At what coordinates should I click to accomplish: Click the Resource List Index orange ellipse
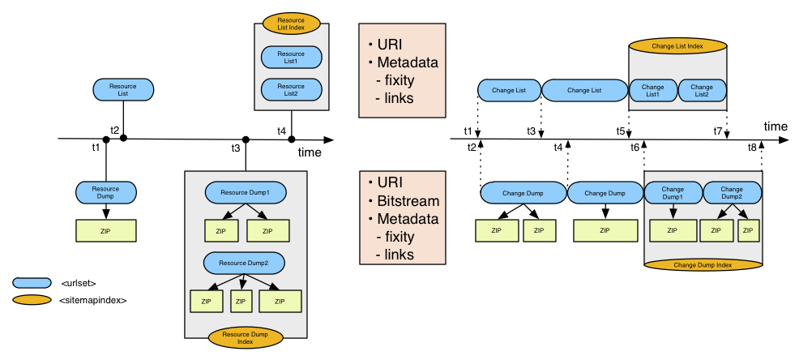(x=291, y=23)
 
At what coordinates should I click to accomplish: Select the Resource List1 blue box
(x=291, y=58)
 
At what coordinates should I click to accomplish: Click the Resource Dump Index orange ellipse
(x=245, y=337)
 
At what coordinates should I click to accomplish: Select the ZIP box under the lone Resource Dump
(x=105, y=230)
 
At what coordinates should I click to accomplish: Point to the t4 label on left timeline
(x=281, y=131)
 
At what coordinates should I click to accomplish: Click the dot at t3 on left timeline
(x=245, y=139)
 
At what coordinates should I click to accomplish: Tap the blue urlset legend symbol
(x=29, y=282)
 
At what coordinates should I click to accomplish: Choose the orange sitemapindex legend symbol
(x=29, y=300)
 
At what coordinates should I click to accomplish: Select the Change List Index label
(x=677, y=47)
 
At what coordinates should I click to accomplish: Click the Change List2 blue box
(x=702, y=90)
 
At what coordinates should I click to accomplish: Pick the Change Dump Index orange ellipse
(x=703, y=264)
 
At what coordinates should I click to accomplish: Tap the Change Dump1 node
(x=672, y=193)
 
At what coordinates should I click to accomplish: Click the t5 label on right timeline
(x=620, y=131)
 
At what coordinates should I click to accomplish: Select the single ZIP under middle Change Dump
(x=603, y=230)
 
